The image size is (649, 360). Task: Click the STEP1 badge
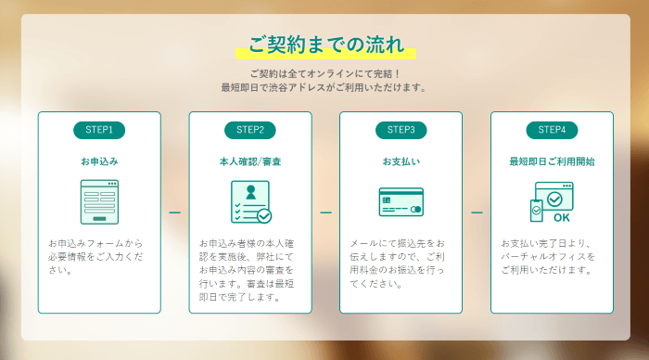click(x=99, y=129)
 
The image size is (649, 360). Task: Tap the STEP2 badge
click(x=249, y=129)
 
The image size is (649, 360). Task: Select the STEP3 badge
click(x=401, y=129)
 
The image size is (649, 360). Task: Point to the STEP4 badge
click(x=552, y=129)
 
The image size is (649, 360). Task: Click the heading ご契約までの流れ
click(x=324, y=44)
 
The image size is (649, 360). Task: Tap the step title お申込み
click(x=99, y=161)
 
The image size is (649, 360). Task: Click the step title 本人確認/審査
click(x=249, y=161)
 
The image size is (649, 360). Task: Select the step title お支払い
click(x=401, y=161)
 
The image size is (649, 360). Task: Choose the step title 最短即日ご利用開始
click(x=552, y=161)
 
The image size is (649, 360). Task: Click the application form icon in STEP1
click(x=99, y=201)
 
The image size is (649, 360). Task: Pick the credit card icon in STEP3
click(x=401, y=202)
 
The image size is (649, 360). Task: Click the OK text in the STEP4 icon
click(x=561, y=219)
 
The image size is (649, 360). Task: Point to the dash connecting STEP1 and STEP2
click(x=174, y=212)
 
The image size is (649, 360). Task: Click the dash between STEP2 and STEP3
click(x=325, y=212)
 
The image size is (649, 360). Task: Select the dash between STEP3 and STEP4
click(x=477, y=212)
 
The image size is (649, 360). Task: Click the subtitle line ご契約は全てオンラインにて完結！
click(x=324, y=72)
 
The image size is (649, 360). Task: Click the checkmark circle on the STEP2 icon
click(x=264, y=215)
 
